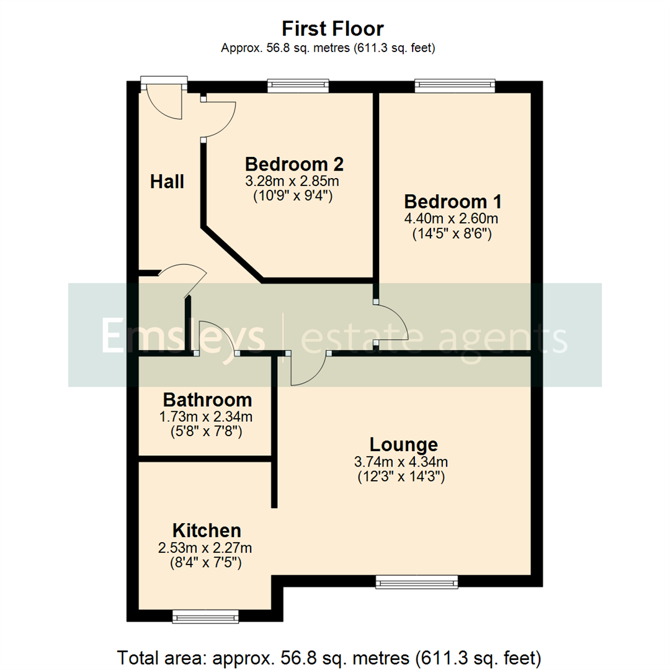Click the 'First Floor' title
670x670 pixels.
333,29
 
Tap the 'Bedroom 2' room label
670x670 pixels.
294,164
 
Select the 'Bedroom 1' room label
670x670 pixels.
452,202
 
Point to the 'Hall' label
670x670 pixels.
167,182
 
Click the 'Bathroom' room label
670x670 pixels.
207,400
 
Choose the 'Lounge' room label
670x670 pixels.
403,445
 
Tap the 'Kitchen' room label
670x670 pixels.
206,530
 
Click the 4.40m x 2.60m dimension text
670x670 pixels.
452,218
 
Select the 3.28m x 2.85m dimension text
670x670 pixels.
294,181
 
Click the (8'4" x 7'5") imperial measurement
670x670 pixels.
206,563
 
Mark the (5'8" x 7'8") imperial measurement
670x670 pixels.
207,431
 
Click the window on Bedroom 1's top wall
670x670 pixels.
455,86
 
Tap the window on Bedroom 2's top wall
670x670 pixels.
298,86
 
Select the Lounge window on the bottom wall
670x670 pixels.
416,581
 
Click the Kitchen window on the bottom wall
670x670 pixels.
205,615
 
